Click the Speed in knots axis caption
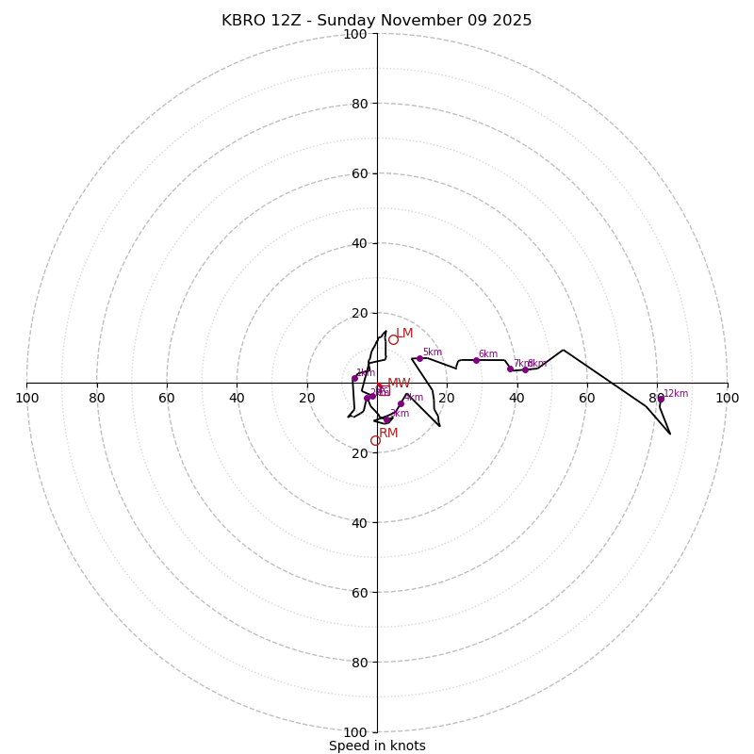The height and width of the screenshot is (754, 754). coord(377,746)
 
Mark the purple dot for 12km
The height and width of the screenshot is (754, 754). coord(661,399)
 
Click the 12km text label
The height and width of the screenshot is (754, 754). coord(676,394)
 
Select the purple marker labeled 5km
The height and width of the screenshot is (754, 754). coord(419,358)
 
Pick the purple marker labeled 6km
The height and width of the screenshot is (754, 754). coord(476,360)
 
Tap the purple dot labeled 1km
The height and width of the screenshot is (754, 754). coord(355,379)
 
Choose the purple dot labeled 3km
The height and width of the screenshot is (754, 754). coord(387,419)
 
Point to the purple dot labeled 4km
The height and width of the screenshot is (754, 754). coord(401,403)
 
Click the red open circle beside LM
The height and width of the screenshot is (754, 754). coord(393,340)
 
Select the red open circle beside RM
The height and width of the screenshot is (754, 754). coord(375,440)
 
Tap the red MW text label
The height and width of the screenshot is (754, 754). coord(399,384)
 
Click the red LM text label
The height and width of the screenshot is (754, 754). coord(404,334)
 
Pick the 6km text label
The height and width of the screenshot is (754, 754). coord(487,354)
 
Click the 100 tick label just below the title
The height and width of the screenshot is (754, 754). coord(355,34)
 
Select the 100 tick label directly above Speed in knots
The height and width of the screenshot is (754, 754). coord(355,732)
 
